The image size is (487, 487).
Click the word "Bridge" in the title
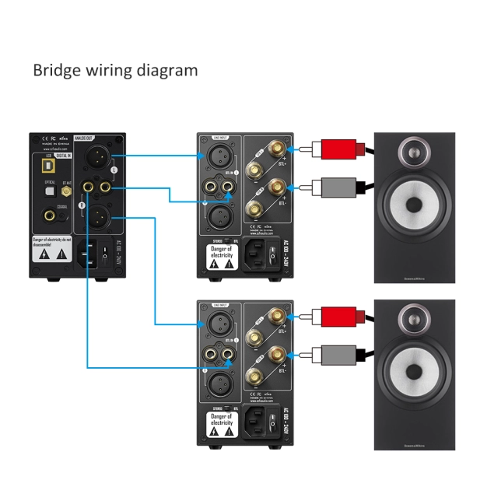(56, 70)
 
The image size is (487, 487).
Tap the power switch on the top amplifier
(272, 254)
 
